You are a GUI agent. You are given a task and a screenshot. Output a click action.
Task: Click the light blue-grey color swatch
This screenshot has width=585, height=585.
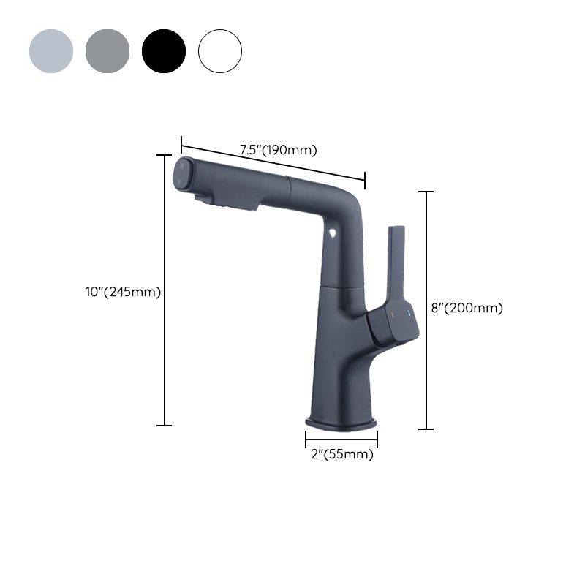coord(51,51)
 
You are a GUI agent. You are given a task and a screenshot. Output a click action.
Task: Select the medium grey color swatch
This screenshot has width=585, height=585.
coord(107,51)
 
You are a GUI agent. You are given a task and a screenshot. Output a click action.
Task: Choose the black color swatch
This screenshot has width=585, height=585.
coord(164,51)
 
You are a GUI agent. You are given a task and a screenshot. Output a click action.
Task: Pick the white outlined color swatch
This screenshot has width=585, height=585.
coord(220,51)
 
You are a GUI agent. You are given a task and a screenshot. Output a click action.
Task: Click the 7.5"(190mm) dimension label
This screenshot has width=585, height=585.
coord(278,151)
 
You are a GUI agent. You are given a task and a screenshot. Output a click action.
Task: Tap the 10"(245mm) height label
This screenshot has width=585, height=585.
coord(123,292)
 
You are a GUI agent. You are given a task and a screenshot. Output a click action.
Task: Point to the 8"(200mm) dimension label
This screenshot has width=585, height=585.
coord(467,308)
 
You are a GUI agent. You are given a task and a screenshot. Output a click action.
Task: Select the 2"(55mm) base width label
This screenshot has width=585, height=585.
coord(341,454)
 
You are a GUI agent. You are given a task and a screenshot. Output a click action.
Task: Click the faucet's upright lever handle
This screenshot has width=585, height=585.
coord(394,263)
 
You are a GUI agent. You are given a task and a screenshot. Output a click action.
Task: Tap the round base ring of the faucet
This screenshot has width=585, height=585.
coord(341,423)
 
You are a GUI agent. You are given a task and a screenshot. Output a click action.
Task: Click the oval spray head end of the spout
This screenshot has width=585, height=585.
coord(182,174)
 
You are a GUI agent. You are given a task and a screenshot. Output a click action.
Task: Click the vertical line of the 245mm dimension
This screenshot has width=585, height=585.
coord(165,292)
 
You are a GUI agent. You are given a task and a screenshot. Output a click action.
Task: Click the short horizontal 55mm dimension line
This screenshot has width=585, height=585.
coord(341,439)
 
